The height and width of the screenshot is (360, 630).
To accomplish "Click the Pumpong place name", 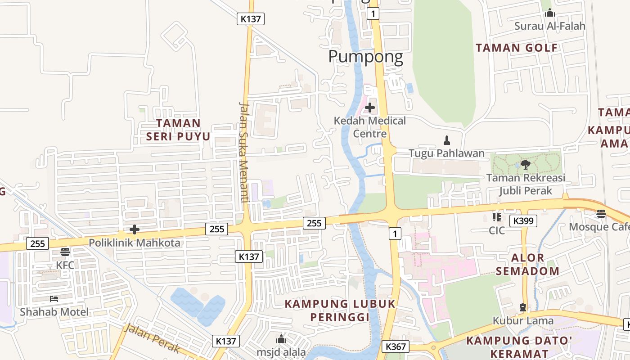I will (365, 57).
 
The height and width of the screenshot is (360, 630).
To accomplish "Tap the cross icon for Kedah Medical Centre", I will (370, 108).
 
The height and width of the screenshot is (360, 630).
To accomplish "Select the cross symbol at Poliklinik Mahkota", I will (134, 230).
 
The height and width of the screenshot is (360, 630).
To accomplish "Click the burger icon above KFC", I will (65, 252).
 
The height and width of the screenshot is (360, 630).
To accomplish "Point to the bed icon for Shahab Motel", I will (54, 299).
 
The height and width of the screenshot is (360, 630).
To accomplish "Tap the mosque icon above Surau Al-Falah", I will (549, 13).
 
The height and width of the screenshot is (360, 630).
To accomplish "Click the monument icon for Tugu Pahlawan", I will (447, 140).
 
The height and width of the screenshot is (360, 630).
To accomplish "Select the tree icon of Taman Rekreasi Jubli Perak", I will (525, 164).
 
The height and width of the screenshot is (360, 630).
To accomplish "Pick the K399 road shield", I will (523, 221).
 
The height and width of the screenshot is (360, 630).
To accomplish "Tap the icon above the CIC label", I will (497, 217).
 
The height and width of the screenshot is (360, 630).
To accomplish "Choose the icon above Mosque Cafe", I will (601, 214).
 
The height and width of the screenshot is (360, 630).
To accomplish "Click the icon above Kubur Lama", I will (523, 307).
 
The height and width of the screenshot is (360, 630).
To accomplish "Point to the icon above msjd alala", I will (281, 339).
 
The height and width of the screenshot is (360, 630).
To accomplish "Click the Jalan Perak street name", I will (152, 338).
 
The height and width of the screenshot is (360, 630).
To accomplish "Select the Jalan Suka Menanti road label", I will (244, 152).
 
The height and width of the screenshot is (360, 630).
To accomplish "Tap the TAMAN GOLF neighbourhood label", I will (517, 48).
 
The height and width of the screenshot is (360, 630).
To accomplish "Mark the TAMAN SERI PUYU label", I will (178, 130).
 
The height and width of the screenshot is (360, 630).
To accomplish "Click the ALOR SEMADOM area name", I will (535, 265).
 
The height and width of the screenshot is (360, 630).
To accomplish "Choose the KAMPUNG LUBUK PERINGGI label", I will (340, 310).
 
